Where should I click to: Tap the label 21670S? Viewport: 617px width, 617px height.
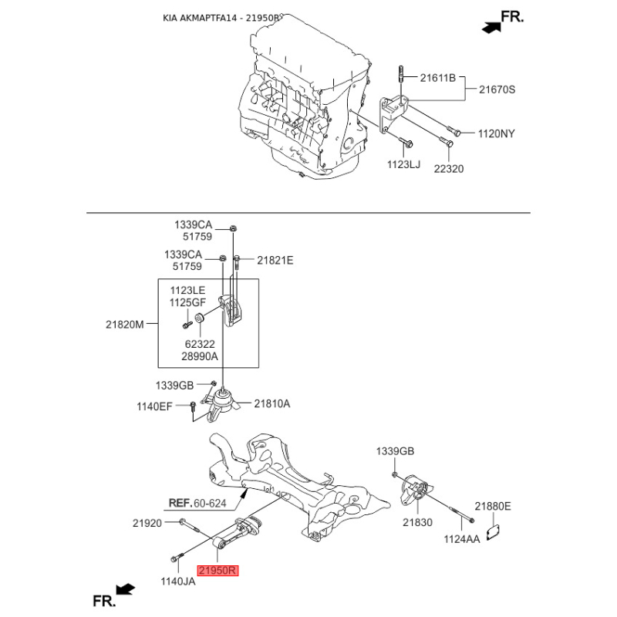pos(497,89)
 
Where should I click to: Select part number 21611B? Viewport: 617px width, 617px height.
pos(438,78)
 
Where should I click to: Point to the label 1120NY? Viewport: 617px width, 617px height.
pos(497,133)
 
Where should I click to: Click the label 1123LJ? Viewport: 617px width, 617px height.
pos(403,164)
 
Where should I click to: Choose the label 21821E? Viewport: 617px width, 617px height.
pos(275,261)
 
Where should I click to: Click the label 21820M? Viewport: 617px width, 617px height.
pos(125,325)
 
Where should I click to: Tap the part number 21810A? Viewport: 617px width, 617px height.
pos(272,403)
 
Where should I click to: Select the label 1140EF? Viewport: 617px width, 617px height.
pos(155,406)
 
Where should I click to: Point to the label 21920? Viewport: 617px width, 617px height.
pos(147,523)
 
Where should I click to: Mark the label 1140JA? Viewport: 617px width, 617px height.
pos(178,582)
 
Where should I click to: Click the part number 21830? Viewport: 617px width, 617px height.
pos(419,523)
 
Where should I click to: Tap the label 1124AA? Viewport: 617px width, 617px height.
pos(462,539)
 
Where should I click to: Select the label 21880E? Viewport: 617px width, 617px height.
pos(492,507)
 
